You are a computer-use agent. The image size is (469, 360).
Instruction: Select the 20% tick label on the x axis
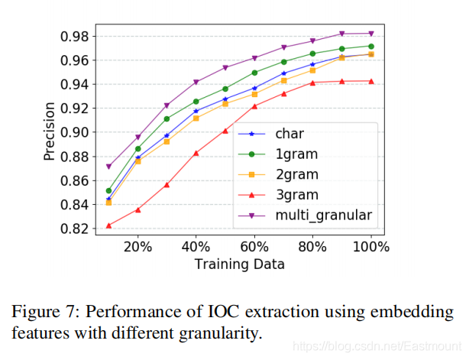point(137,248)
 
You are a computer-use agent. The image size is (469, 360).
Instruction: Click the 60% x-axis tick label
point(254,248)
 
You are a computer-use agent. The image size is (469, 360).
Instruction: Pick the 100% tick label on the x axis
point(371,248)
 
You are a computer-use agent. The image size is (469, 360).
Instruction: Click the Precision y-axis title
point(50,132)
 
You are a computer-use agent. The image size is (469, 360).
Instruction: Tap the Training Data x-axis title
point(240,264)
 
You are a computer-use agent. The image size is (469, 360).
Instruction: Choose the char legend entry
point(289,133)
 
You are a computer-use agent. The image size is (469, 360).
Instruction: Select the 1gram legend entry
point(297,154)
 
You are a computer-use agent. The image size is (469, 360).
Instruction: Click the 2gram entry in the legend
point(297,174)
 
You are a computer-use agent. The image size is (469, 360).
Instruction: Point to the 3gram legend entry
point(297,195)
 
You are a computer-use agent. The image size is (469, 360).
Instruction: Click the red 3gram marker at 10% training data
point(108,225)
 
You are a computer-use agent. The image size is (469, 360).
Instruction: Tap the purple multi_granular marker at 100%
point(371,33)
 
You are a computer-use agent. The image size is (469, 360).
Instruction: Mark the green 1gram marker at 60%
point(254,73)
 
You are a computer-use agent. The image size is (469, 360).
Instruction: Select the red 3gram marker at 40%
point(196,153)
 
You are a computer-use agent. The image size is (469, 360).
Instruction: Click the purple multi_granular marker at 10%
point(108,167)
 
